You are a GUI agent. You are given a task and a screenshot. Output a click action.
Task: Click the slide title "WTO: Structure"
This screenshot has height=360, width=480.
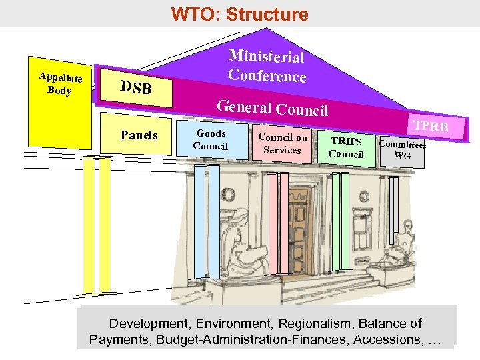click(x=239, y=14)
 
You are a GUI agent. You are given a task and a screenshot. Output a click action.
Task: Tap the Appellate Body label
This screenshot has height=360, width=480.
click(x=60, y=84)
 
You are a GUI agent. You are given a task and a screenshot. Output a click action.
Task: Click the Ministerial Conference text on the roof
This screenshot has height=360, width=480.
click(x=267, y=67)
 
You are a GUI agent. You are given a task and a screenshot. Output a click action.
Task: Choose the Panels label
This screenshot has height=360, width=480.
click(x=139, y=135)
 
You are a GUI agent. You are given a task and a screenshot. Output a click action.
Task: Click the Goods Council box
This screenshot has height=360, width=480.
click(x=211, y=140)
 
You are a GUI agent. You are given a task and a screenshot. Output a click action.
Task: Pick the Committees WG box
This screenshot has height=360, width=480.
click(x=402, y=149)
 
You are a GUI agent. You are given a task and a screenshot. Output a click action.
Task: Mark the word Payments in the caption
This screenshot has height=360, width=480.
click(x=118, y=340)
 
